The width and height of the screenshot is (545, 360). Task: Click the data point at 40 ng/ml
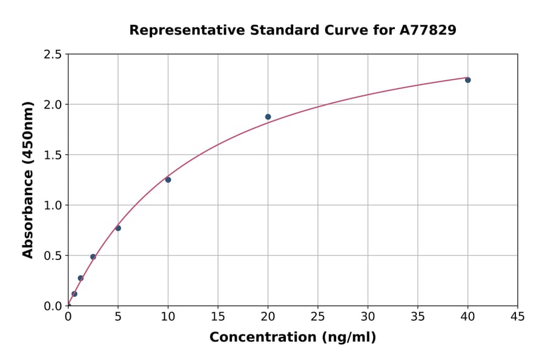pyautogui.click(x=467, y=80)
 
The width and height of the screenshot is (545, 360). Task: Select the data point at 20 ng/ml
pyautogui.click(x=268, y=117)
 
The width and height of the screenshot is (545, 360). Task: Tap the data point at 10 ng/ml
pyautogui.click(x=168, y=180)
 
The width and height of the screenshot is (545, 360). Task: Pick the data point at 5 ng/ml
pyautogui.click(x=118, y=228)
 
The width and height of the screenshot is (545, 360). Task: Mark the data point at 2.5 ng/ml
pyautogui.click(x=93, y=257)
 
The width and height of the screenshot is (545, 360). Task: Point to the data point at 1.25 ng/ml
pyautogui.click(x=81, y=278)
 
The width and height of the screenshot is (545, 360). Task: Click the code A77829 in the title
pyautogui.click(x=428, y=30)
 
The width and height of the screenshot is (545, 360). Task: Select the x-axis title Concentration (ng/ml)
pyautogui.click(x=292, y=338)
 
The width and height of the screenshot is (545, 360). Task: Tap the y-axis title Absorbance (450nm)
pyautogui.click(x=28, y=179)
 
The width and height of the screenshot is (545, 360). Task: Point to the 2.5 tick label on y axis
pyautogui.click(x=52, y=55)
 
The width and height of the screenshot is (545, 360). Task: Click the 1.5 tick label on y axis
pyautogui.click(x=52, y=155)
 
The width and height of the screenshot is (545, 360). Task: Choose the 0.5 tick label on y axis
pyautogui.click(x=52, y=256)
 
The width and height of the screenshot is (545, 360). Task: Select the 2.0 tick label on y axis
pyautogui.click(x=52, y=105)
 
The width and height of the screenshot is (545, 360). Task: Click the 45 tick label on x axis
pyautogui.click(x=518, y=316)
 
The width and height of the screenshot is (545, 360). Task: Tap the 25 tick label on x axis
pyautogui.click(x=318, y=316)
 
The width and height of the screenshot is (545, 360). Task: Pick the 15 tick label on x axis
pyautogui.click(x=218, y=316)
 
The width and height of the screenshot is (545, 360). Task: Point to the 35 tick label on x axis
pyautogui.click(x=418, y=316)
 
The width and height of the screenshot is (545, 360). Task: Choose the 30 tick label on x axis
pyautogui.click(x=368, y=316)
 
